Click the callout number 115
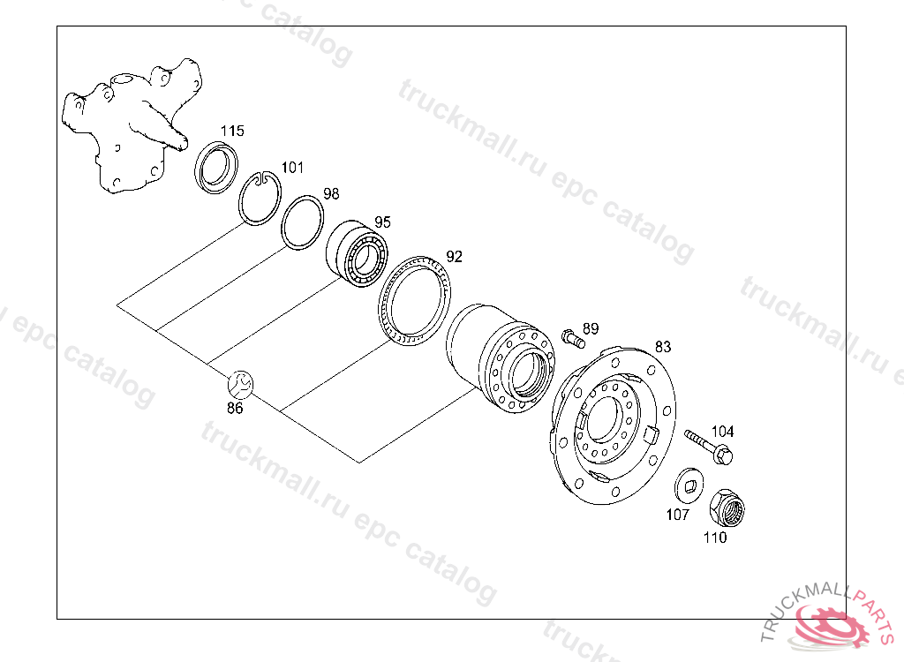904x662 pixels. coord(232,131)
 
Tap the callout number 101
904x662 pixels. coord(292,167)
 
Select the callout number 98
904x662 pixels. coord(331,193)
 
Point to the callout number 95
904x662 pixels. coord(382,222)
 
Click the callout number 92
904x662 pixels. coord(455,257)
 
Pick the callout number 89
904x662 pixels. coord(591,328)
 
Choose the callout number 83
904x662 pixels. coord(663,347)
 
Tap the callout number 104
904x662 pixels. coord(722,432)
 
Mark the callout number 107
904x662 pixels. coord(677,515)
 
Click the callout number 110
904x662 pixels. coord(715,538)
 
